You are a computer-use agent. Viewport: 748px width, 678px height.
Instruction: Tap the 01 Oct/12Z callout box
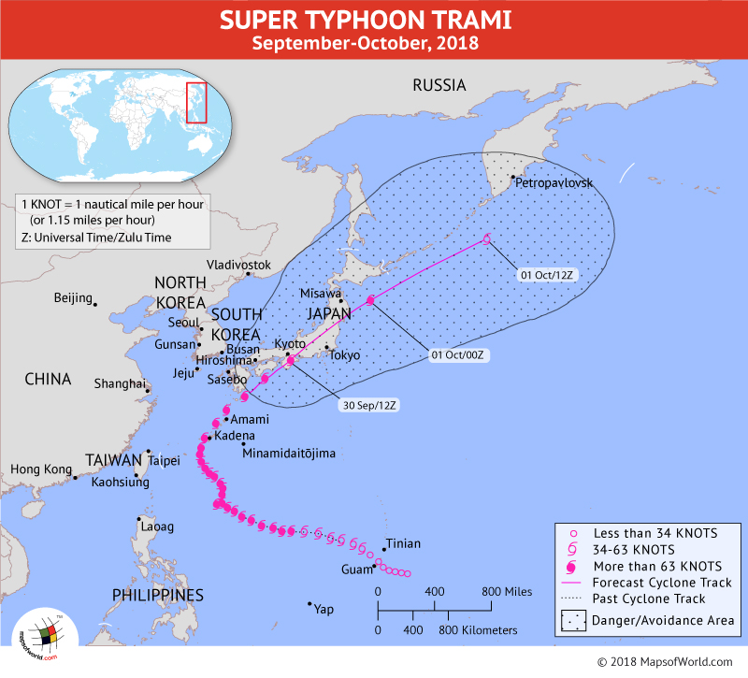point(552,274)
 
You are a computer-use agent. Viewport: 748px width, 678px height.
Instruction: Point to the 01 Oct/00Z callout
point(462,354)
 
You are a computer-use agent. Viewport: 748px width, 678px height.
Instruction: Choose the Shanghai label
point(120,383)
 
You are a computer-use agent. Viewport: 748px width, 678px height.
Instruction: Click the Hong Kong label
point(40,469)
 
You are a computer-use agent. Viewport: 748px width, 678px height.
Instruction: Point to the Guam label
point(355,568)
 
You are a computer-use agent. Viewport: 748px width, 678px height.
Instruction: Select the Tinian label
point(403,543)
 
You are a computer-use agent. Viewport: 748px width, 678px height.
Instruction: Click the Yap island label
point(324,609)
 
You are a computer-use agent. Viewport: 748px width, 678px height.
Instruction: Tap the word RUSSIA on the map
point(439,85)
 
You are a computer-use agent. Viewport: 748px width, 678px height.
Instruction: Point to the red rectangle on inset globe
point(196,103)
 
